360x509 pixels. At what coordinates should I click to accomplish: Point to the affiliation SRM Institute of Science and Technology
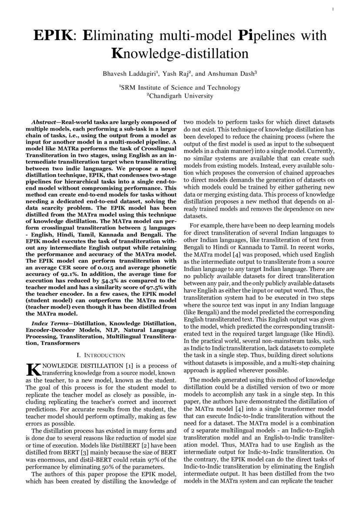click(180, 88)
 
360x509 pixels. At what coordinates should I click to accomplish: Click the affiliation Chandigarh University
click(180, 96)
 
